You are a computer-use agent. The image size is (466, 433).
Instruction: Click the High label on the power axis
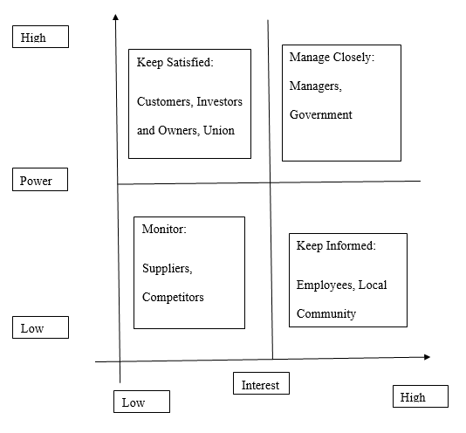tap(40, 37)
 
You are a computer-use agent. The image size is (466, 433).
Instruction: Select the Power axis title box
tap(40, 179)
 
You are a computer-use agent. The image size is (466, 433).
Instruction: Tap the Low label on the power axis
tap(40, 327)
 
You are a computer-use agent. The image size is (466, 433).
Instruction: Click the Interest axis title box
tap(261, 383)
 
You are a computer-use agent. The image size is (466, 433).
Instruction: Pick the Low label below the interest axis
tap(141, 402)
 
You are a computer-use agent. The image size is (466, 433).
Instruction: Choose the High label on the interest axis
tap(421, 396)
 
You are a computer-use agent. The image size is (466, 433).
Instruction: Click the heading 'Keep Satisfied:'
tap(175, 63)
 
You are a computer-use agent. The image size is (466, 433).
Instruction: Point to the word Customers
tap(165, 102)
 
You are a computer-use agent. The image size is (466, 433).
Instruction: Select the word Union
tap(219, 131)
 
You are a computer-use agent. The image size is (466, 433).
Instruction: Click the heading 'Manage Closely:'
tap(332, 58)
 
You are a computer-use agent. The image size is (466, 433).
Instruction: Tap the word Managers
tap(316, 86)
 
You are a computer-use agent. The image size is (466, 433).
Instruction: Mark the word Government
tap(321, 114)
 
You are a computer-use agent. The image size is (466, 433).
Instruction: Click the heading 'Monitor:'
tap(164, 229)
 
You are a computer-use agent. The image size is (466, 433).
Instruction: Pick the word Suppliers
tap(168, 269)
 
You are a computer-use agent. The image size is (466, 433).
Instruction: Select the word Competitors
tap(173, 297)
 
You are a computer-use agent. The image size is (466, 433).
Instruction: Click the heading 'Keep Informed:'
tap(336, 246)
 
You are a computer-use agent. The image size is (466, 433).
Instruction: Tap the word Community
tap(326, 314)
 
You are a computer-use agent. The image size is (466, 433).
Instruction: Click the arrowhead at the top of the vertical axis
tap(115, 17)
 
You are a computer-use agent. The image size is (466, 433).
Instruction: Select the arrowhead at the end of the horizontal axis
tap(427, 357)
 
